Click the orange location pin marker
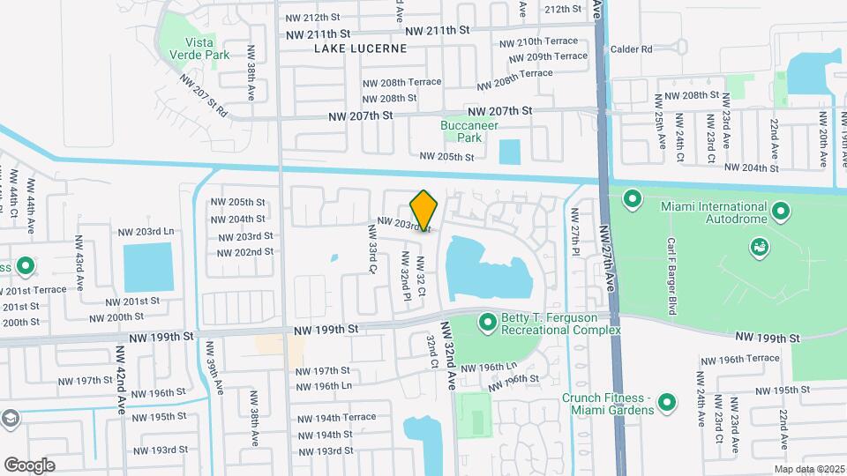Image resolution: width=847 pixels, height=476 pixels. [424, 210]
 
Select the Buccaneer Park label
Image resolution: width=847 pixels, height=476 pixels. [461, 131]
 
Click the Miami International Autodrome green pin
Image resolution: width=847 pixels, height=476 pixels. [781, 212]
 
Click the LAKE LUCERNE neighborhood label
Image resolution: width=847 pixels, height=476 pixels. [361, 48]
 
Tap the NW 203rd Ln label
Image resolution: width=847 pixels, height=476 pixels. [146, 232]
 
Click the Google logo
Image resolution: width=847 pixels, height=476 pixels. [29, 465]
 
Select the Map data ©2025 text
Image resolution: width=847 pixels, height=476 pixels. [810, 469]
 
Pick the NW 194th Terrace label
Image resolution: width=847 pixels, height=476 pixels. [336, 418]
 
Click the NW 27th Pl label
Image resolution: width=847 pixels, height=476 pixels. [575, 231]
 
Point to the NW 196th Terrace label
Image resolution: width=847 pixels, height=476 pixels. [740, 358]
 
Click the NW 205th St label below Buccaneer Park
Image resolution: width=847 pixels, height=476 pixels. [447, 156]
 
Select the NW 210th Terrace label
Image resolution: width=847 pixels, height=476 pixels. [538, 41]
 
